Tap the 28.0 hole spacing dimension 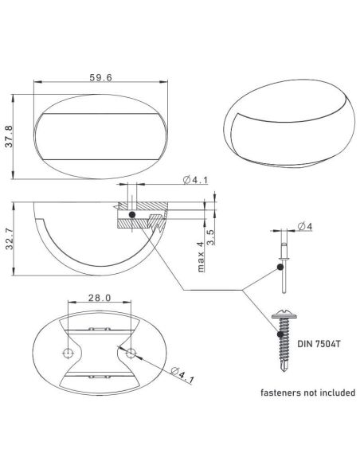[98, 297]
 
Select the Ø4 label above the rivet [304, 228]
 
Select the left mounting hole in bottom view [69, 353]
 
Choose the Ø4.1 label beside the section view [196, 181]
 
